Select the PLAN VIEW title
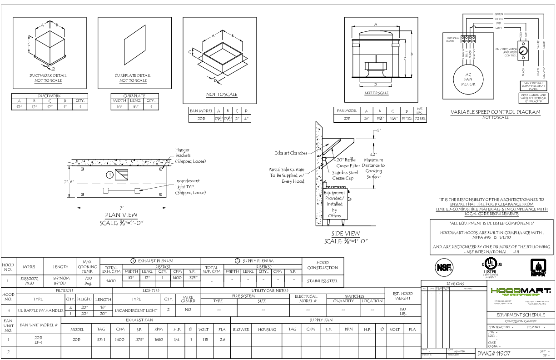coord(121,215)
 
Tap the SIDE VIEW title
coord(346,234)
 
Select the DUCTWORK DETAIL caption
coord(47,75)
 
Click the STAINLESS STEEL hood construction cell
coord(323,281)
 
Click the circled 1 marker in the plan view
coord(109,175)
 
